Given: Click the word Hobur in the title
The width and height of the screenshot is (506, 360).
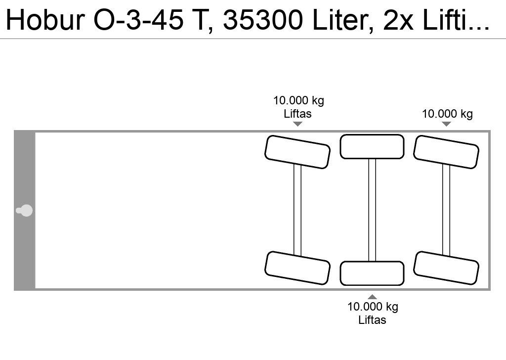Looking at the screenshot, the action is click(45, 20).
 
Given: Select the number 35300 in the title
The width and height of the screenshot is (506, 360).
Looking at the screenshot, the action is click(263, 20).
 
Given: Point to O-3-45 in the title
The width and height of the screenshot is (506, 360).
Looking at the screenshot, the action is click(139, 20).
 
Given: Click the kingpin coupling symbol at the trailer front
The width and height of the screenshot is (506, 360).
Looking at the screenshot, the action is click(24, 211).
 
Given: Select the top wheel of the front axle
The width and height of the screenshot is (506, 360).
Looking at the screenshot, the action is click(297, 152).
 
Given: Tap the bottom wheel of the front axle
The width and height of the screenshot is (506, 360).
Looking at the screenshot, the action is click(297, 268).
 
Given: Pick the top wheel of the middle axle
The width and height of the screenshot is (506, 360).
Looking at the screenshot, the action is click(372, 146).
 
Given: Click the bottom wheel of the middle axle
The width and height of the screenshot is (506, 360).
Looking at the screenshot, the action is click(372, 273).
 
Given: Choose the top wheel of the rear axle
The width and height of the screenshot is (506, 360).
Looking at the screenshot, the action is click(446, 152).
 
